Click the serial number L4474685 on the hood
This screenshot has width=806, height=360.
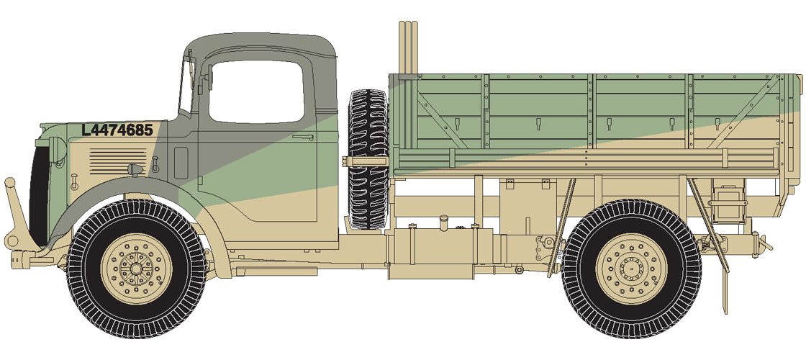click(x=117, y=130)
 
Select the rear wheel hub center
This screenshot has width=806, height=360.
click(x=631, y=268)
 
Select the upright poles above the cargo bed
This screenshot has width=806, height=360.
click(x=408, y=47)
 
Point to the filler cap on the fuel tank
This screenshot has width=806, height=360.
click(x=445, y=217)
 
